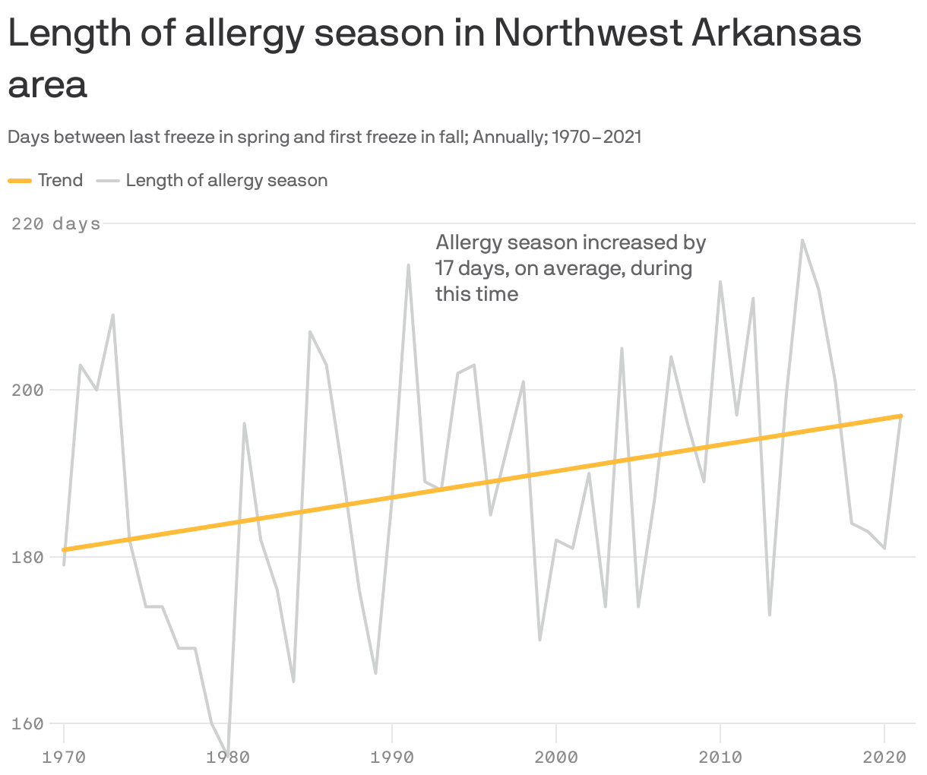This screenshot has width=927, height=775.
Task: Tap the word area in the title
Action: (47, 85)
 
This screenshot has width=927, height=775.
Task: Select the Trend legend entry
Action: (46, 180)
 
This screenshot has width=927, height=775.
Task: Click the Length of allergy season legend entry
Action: (212, 180)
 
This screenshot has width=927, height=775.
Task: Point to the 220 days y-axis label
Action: (56, 223)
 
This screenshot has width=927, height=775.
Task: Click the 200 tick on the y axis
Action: (27, 390)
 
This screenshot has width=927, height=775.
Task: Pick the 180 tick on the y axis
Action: (27, 557)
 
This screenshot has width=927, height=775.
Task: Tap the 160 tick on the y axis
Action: (27, 723)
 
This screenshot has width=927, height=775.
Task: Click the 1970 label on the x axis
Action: (64, 757)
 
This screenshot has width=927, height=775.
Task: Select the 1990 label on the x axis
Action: (391, 757)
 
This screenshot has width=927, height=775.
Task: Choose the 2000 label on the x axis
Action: (556, 757)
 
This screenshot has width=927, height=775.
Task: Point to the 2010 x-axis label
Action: (720, 757)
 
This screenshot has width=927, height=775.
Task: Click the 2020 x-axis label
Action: (884, 757)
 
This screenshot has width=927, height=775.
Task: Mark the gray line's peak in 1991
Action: (409, 265)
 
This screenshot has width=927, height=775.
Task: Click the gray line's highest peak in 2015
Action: (802, 240)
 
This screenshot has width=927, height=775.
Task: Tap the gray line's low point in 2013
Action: (770, 615)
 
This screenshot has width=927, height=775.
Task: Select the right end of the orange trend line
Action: (901, 416)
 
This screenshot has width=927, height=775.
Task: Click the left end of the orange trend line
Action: (65, 549)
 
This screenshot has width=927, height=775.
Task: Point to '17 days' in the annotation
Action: (465, 268)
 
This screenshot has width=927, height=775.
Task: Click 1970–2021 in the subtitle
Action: (596, 137)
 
